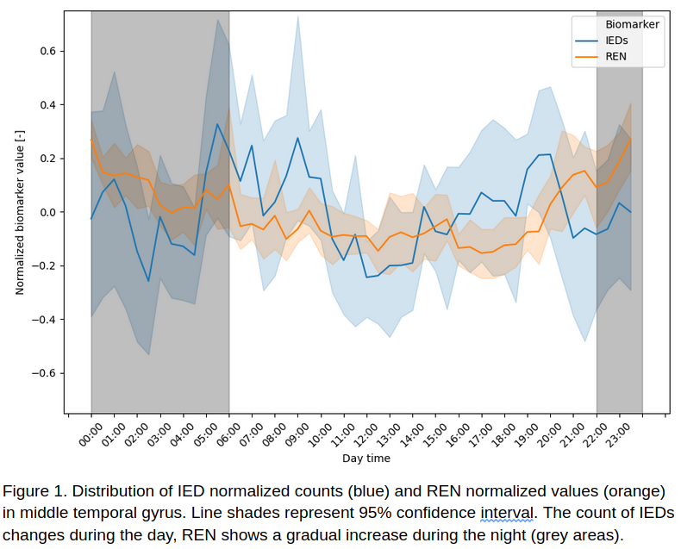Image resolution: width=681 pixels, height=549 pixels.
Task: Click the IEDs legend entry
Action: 615,41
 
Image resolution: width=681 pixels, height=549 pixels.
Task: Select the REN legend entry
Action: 615,57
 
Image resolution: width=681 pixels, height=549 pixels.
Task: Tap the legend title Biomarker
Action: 632,25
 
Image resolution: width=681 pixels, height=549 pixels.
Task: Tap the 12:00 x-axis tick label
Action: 366,433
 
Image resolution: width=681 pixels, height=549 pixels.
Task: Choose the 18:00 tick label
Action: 504,433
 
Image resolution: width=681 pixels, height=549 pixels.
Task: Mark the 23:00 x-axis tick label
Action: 619,433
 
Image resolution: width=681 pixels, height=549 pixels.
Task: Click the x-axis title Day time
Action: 365,459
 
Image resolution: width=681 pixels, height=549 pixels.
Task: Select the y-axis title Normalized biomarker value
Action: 20,212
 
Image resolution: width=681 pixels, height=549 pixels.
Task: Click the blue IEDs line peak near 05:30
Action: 217,124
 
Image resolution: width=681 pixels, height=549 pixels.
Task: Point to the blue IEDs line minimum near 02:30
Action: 148,281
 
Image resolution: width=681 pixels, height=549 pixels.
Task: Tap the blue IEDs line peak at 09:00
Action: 297,138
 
